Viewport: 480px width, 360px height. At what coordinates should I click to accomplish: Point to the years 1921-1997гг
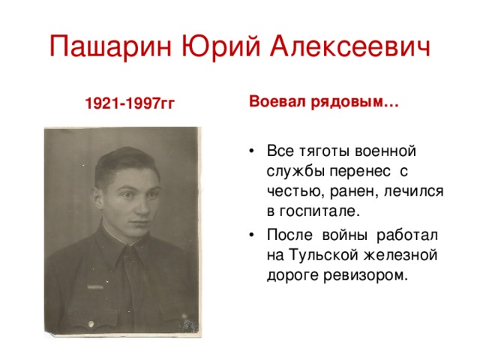[x=130, y=103]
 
